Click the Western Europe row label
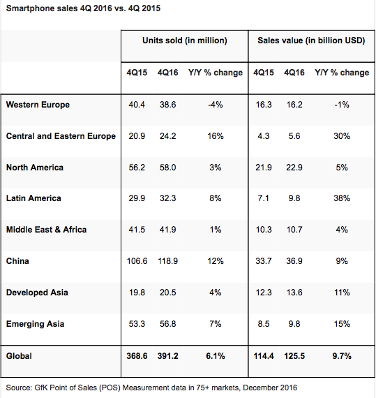click(38, 105)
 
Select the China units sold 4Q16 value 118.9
click(168, 261)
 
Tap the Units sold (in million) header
click(185, 40)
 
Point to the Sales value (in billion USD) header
click(311, 40)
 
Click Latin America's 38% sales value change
click(342, 198)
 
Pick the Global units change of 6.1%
click(216, 356)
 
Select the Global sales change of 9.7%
click(342, 356)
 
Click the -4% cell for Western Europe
click(216, 105)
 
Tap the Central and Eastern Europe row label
click(61, 136)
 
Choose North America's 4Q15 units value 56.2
click(137, 168)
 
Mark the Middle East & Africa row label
click(47, 230)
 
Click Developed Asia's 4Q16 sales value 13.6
click(294, 293)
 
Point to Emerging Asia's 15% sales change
click(342, 324)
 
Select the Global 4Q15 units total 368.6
click(137, 356)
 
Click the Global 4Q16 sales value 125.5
click(294, 356)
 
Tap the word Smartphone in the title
click(25, 8)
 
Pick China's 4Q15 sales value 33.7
click(264, 261)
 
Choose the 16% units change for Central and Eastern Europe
click(216, 136)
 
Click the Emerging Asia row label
click(36, 324)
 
